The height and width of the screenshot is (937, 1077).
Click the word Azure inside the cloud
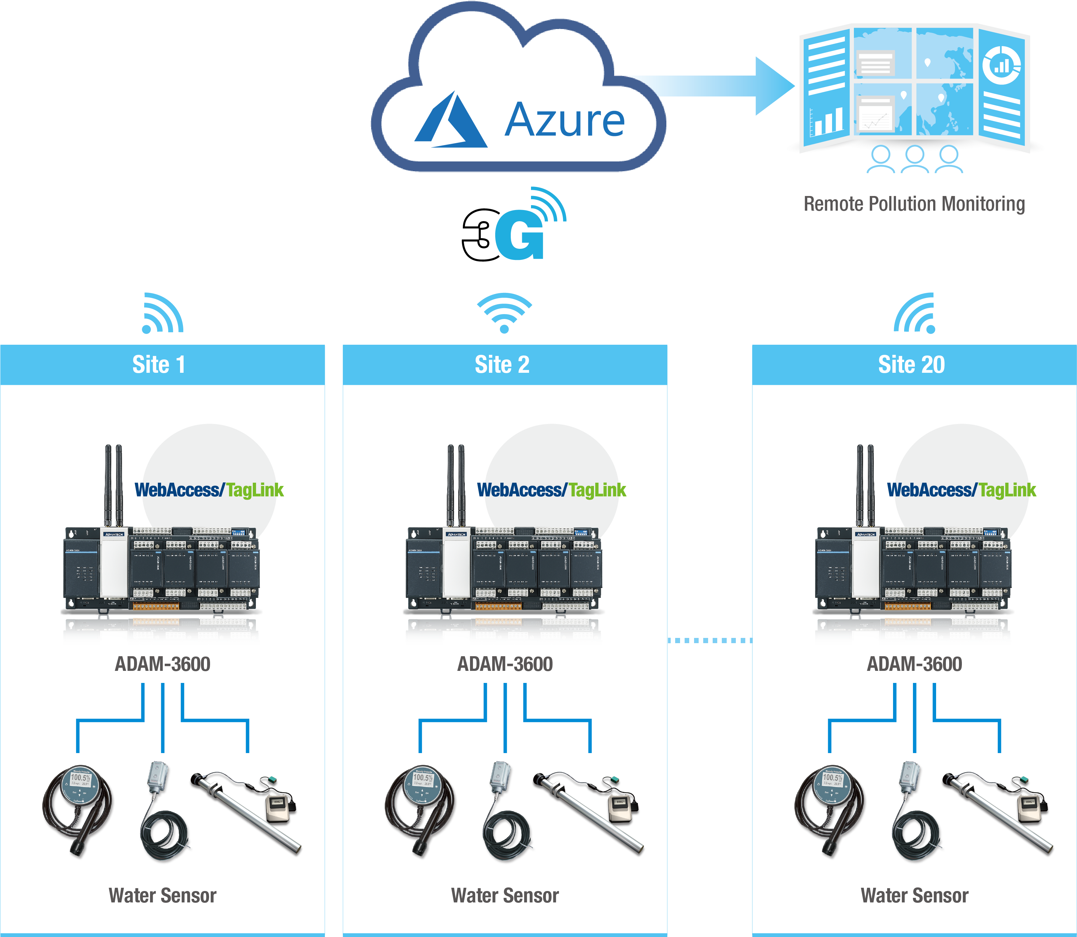tap(564, 120)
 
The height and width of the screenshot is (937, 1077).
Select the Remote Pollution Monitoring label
tap(914, 204)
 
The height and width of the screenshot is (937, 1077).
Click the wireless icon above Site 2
tap(504, 313)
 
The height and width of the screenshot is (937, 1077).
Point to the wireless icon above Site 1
tap(162, 314)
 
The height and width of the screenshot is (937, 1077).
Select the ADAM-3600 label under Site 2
tap(505, 664)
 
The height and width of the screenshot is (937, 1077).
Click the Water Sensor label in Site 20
tap(914, 896)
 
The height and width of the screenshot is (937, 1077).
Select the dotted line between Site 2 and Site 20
tap(709, 640)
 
